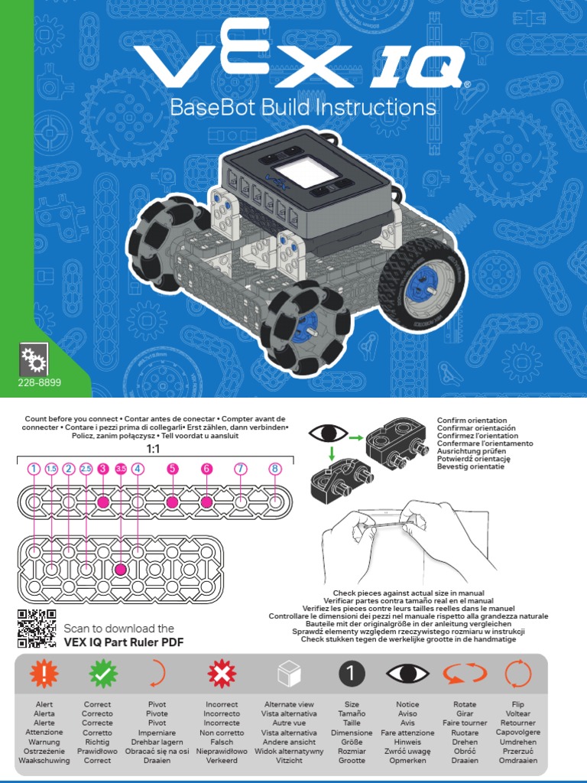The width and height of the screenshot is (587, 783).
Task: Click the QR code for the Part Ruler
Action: (x=36, y=628)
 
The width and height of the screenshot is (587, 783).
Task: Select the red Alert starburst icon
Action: (x=44, y=674)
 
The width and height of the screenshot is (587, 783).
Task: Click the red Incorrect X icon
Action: (x=222, y=674)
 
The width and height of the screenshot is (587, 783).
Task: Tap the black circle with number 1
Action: (x=352, y=674)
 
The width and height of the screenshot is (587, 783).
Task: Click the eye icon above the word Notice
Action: (x=407, y=674)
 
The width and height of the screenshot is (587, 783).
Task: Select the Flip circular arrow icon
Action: (x=517, y=674)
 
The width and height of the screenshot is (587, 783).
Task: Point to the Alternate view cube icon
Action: (x=289, y=674)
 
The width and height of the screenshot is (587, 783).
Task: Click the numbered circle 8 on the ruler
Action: (x=275, y=469)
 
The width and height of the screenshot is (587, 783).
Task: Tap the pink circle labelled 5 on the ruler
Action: (x=172, y=469)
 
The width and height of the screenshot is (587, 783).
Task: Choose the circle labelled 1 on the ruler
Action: (x=34, y=469)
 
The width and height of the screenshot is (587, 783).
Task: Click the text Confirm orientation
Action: (x=472, y=421)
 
